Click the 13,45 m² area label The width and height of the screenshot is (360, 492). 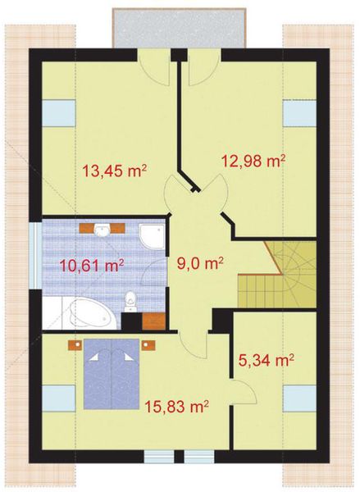pyautogui.click(x=114, y=171)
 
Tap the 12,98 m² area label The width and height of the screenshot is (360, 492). pyautogui.click(x=253, y=160)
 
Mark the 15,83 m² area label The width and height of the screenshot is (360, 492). pyautogui.click(x=175, y=406)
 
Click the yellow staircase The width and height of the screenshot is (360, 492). pyautogui.click(x=277, y=275)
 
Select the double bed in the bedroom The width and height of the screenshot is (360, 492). pyautogui.click(x=112, y=376)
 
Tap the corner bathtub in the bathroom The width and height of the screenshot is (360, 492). pyautogui.click(x=81, y=313)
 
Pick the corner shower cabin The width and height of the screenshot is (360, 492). pyautogui.click(x=152, y=236)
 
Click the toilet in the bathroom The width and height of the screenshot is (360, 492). pyautogui.click(x=129, y=307)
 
